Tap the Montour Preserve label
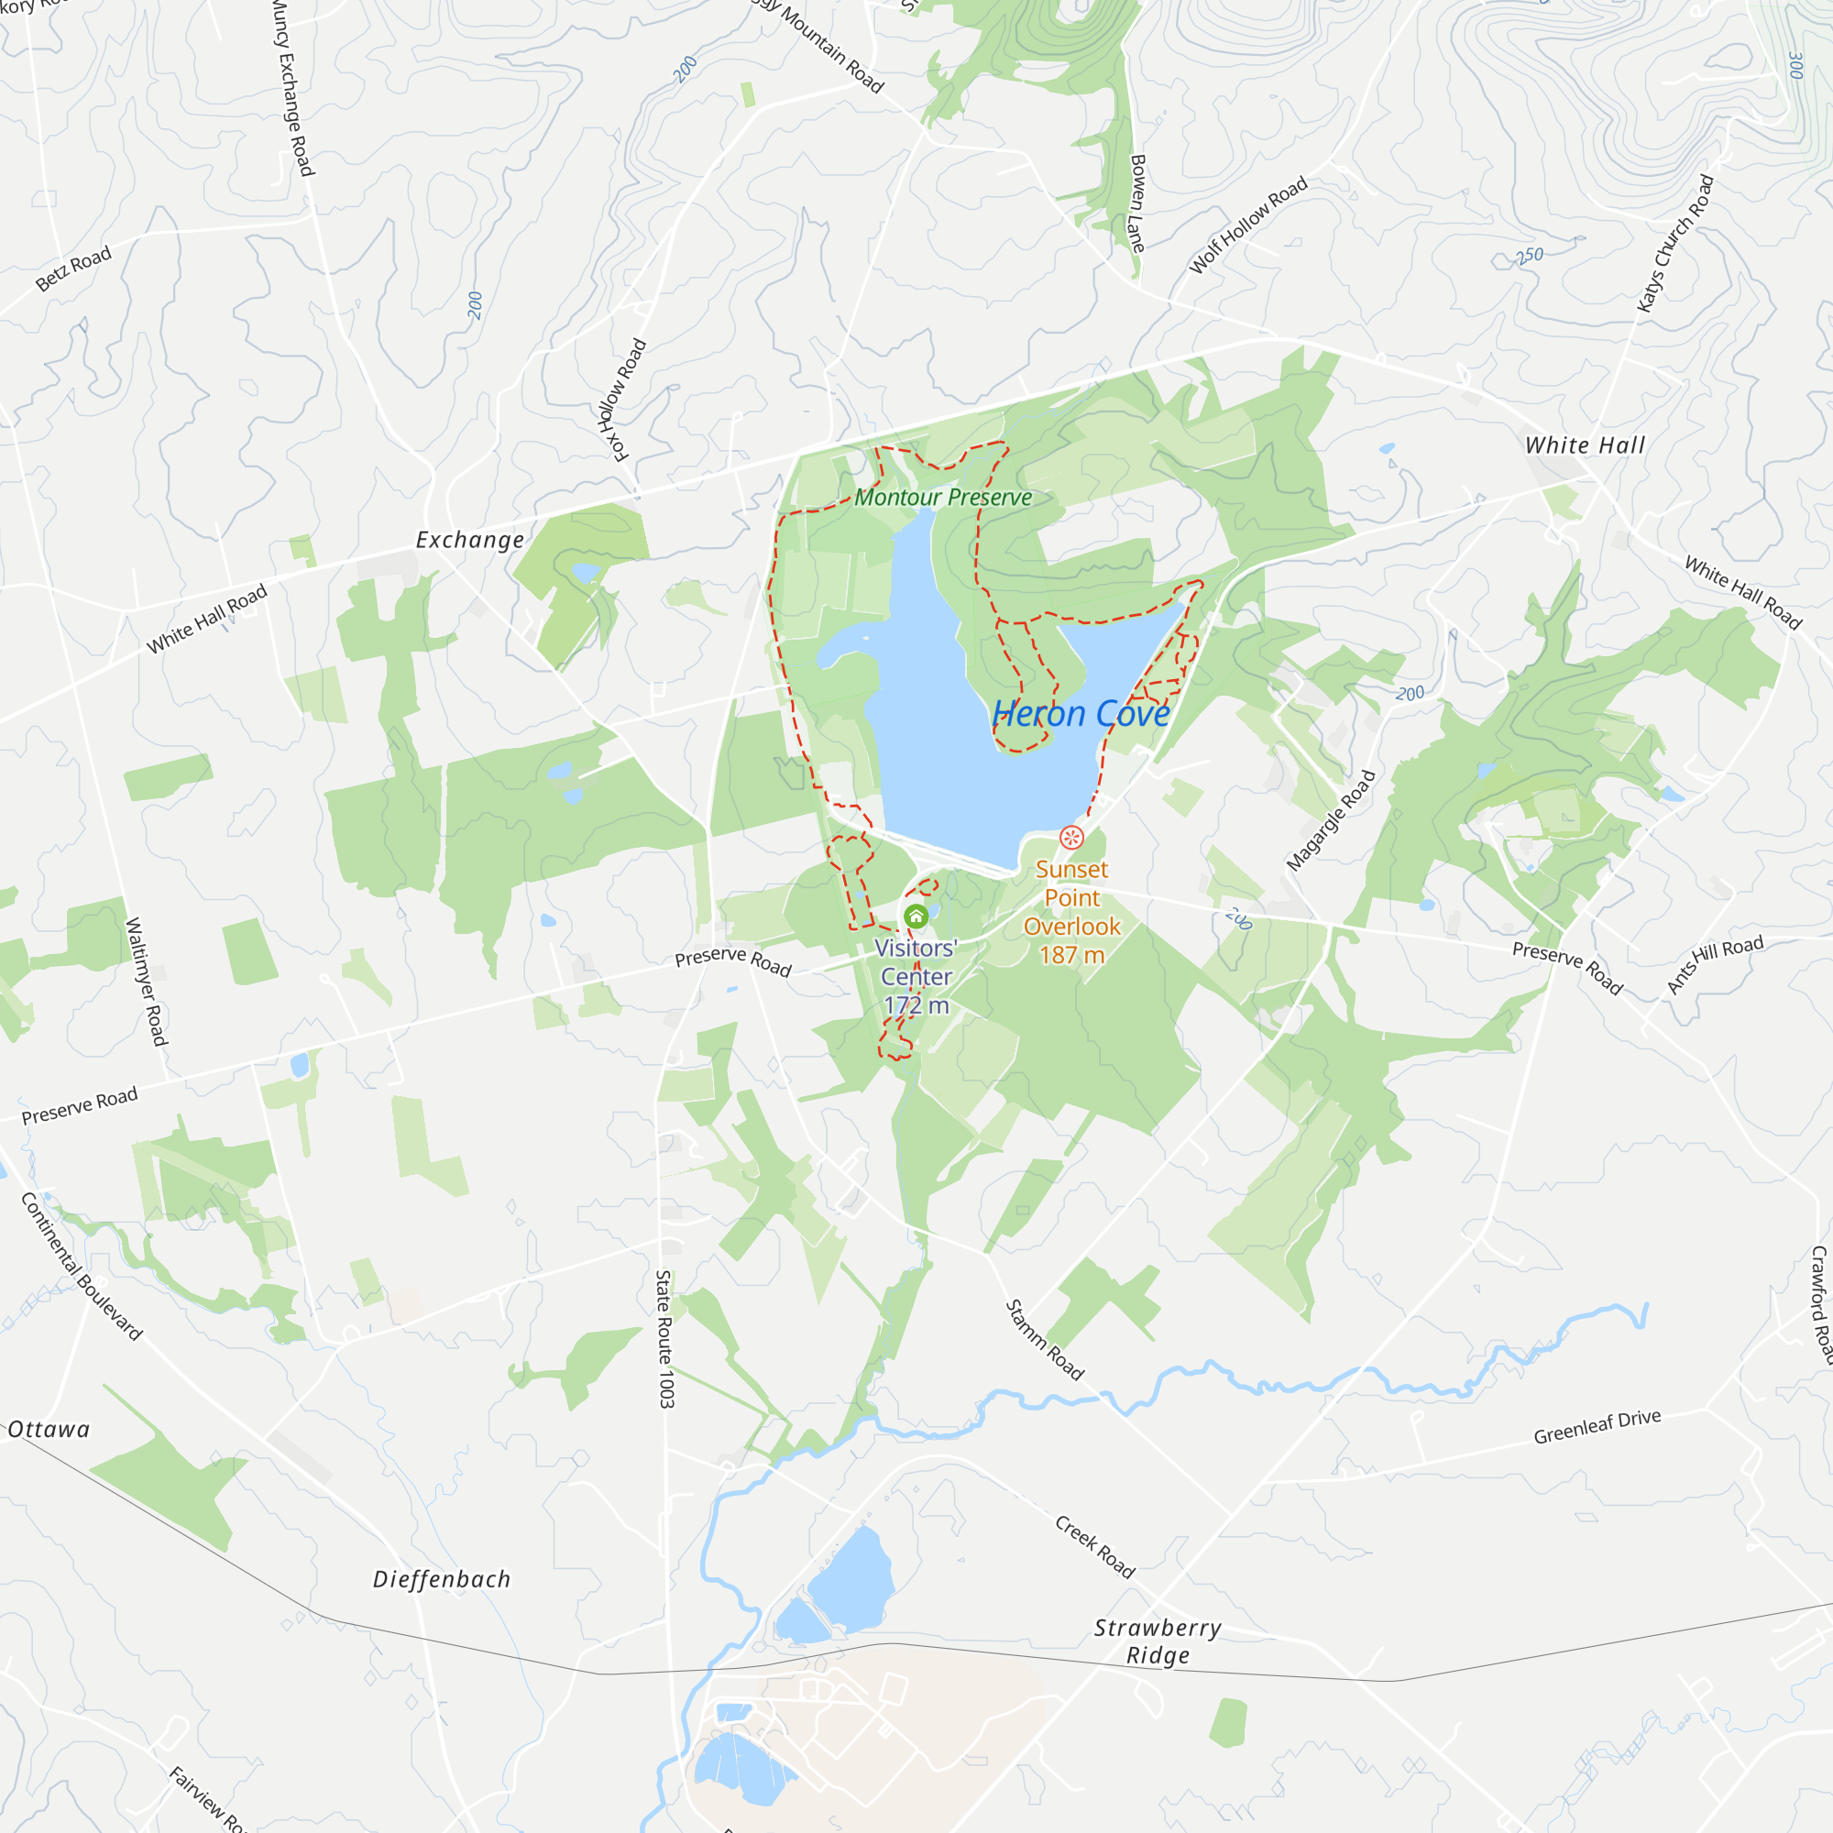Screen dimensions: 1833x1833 pos(943,497)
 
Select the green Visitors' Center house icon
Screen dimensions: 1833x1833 pos(916,916)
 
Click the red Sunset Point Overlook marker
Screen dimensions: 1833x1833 pos(1071,837)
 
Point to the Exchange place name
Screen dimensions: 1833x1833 pos(469,540)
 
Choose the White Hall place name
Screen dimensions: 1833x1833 pos(1585,445)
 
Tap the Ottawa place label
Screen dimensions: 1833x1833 pos(49,1430)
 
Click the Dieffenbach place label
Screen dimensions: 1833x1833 pos(441,1580)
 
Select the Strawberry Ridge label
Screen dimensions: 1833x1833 pos(1158,1641)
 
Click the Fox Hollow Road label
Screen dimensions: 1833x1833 pos(623,401)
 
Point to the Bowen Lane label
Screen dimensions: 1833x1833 pos(1136,203)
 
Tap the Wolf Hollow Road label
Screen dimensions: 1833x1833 pos(1247,225)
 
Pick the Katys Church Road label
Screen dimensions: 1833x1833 pos(1675,243)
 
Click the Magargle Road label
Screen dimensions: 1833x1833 pos(1330,820)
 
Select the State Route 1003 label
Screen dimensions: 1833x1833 pos(665,1339)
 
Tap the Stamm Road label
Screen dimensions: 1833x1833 pos(1044,1340)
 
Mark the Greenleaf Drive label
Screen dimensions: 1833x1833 pos(1597,1427)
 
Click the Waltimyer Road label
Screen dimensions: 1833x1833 pos(146,981)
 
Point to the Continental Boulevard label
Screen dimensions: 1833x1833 pos(82,1267)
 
